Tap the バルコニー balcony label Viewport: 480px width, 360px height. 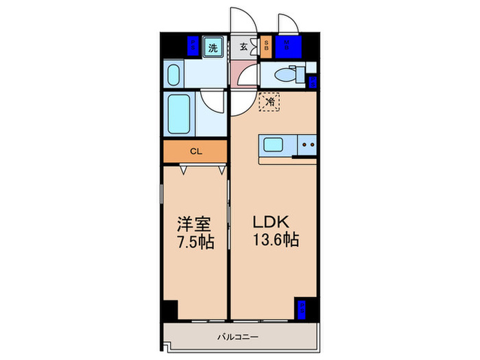click(x=238, y=337)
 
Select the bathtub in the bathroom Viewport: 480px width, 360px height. click(x=180, y=115)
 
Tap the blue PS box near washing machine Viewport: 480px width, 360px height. click(x=194, y=46)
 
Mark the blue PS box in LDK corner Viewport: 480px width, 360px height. click(x=302, y=309)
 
